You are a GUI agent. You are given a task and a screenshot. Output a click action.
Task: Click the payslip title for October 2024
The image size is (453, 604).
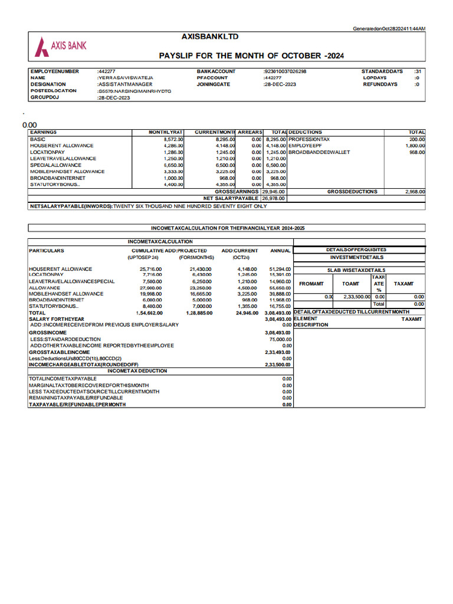click(251, 55)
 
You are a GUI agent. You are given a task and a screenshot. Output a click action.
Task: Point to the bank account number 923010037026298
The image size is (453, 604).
click(285, 71)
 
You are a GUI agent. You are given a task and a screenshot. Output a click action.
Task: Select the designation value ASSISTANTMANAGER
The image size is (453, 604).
click(125, 84)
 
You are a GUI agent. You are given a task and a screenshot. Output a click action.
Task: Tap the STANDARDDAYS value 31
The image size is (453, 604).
click(418, 71)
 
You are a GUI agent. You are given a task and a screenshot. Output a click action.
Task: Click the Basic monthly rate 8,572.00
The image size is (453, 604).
click(174, 139)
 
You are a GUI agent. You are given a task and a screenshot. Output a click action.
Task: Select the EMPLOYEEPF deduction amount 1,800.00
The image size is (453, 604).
click(415, 146)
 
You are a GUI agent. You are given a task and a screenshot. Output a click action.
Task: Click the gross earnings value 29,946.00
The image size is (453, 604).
click(274, 192)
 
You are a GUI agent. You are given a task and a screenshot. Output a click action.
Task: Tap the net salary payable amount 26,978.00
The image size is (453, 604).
click(274, 198)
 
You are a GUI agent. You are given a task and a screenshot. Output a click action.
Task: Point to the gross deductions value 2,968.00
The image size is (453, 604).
click(415, 192)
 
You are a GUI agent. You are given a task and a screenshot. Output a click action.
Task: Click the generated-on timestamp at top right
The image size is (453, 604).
click(389, 29)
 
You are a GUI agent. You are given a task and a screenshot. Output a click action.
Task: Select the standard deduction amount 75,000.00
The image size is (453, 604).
click(280, 339)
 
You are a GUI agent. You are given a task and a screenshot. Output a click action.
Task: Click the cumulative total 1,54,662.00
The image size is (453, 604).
click(149, 313)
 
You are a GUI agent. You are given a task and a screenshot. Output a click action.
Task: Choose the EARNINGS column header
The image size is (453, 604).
click(44, 132)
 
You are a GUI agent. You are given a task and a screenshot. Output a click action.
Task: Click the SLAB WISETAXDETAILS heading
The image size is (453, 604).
click(356, 270)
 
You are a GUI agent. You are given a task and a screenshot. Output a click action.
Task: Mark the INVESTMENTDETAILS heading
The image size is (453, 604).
click(356, 257)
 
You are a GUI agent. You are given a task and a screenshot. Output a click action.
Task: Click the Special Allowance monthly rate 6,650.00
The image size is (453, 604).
click(174, 165)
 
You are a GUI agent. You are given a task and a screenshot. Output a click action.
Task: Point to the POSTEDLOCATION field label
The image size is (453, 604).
click(54, 91)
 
